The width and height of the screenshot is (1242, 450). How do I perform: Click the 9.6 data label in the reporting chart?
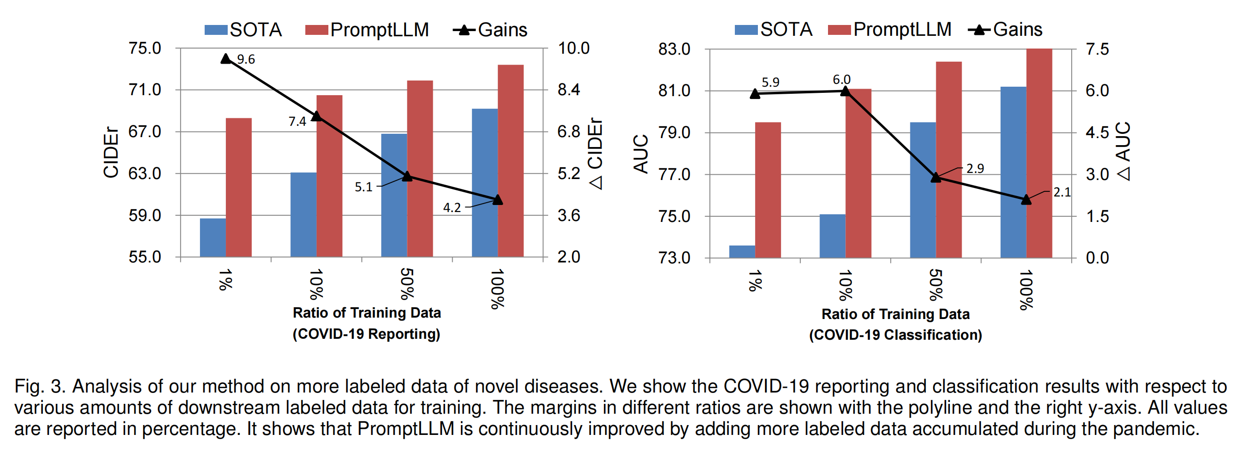pos(246,59)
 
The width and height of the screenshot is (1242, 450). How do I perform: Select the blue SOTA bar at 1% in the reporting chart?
pos(213,237)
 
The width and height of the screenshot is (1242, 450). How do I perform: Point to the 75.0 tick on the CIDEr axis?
pos(144,48)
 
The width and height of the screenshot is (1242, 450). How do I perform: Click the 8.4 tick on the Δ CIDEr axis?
pos(569,90)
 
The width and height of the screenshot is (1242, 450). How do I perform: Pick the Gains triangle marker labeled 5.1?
pos(407,176)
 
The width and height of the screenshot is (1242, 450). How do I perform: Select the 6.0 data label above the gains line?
pos(841,79)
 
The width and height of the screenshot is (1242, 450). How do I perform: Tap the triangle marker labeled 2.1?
pos(1026,199)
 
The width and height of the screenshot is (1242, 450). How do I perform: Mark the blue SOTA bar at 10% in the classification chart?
pos(832,236)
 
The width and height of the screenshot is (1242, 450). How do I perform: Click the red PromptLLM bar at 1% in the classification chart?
pos(768,190)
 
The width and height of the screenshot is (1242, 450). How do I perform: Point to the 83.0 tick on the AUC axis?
pos(675,49)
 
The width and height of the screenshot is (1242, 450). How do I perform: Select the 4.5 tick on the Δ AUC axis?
pos(1098,132)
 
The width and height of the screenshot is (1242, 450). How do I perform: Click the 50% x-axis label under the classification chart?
pos(935,286)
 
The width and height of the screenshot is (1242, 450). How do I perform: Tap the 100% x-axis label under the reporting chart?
pos(497,289)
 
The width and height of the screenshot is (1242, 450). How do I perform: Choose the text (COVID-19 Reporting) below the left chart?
pos(366,334)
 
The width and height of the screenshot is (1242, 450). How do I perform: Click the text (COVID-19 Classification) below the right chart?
pos(895,335)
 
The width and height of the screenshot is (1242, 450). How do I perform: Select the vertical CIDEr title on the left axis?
pos(111,153)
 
